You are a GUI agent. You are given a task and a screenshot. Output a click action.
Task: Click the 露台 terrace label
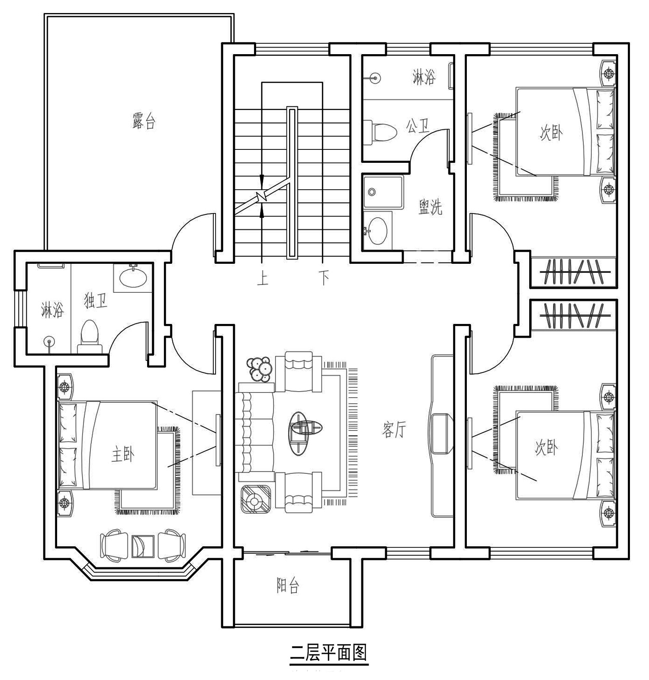click(144, 121)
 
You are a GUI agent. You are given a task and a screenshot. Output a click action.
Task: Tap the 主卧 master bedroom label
click(123, 455)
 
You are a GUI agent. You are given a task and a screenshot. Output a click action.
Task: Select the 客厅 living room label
click(394, 430)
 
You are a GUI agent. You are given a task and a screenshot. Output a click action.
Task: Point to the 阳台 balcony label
click(288, 586)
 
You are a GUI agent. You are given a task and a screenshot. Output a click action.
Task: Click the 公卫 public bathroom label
click(418, 126)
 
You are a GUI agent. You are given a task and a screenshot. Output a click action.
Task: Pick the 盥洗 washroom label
click(431, 207)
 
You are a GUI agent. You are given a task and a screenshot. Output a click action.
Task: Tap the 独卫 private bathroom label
click(96, 301)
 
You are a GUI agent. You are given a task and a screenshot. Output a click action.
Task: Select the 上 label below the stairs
click(263, 278)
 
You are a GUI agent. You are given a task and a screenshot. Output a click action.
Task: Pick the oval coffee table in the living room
click(306, 433)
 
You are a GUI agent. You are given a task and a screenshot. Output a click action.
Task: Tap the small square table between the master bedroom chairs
click(143, 547)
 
